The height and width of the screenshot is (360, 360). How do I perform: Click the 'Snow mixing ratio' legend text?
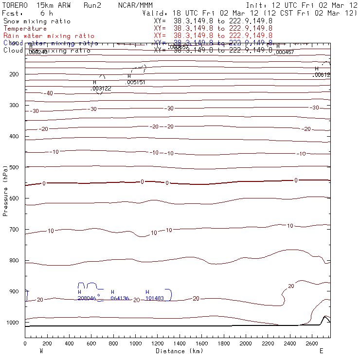pos(36,21)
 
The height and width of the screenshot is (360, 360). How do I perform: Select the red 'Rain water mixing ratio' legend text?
pos(48,36)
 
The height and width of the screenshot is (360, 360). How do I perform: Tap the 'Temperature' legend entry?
pos(25,29)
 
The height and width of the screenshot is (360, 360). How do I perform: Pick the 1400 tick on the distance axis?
pos(180,343)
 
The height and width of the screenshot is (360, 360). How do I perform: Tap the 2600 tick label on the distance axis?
pos(312,343)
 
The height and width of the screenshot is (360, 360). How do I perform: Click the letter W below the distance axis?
pos(40,351)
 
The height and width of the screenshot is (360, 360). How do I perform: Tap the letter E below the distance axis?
pos(321,351)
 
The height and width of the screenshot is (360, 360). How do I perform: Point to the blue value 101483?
pos(155,298)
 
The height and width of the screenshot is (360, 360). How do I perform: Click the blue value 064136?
pos(120,298)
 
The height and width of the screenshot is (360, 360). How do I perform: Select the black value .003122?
pos(101,89)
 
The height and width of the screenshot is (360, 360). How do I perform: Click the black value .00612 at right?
pos(322,75)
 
